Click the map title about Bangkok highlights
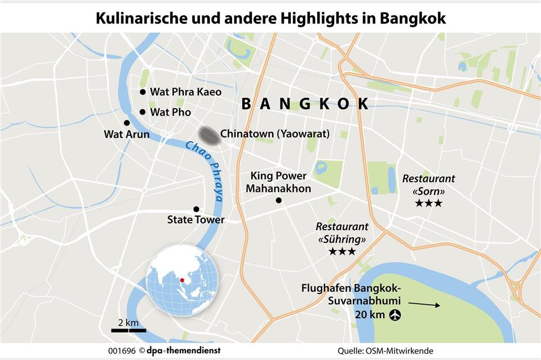click(270, 18)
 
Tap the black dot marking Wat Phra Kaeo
click(143, 92)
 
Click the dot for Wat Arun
click(127, 123)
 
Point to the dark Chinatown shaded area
click(208, 134)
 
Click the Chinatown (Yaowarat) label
click(275, 134)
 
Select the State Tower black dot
click(196, 209)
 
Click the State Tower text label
click(196, 220)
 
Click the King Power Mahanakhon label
click(278, 182)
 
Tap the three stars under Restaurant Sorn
click(428, 203)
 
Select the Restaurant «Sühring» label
click(342, 233)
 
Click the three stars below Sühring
click(342, 251)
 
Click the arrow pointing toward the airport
click(424, 305)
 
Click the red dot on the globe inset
click(182, 280)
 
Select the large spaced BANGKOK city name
click(305, 104)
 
